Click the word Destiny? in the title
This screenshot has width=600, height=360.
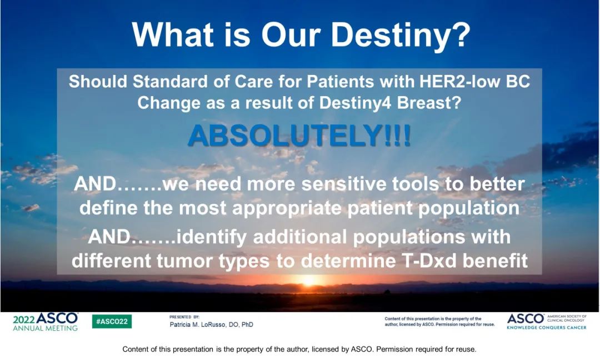[400, 35]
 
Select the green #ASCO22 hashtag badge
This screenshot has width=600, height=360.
[112, 321]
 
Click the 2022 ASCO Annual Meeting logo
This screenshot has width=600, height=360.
[46, 322]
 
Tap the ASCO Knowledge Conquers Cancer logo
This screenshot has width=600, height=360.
[547, 321]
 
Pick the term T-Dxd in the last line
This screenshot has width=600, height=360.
[429, 261]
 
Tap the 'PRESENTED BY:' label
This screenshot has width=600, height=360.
[184, 317]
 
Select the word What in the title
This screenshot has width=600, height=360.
[173, 34]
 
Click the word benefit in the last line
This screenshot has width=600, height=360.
[495, 261]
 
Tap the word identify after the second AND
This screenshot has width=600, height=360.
[212, 237]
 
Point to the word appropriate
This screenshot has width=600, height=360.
[287, 208]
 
